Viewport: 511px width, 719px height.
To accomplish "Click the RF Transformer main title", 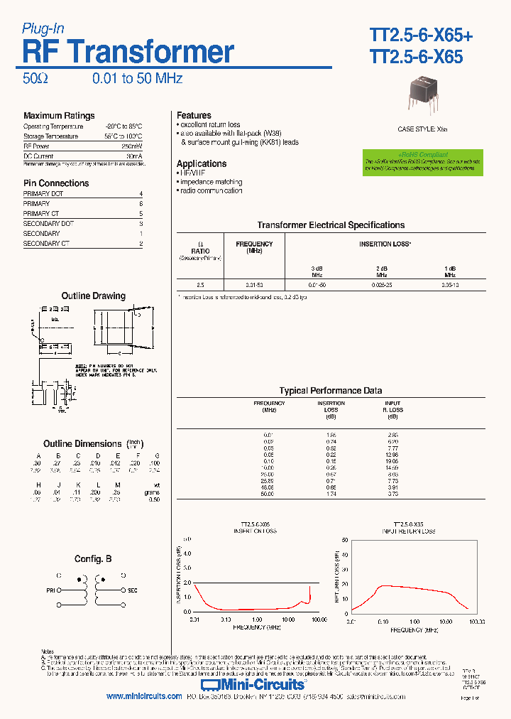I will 128,52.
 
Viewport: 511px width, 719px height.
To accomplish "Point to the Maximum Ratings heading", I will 59,116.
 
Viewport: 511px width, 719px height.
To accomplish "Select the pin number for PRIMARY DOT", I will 141,194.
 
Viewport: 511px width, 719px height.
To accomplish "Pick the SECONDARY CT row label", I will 46,244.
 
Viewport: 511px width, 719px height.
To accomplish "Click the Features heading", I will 194,115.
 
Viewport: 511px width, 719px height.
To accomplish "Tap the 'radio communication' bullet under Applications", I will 211,190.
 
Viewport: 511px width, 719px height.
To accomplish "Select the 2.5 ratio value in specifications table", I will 200,284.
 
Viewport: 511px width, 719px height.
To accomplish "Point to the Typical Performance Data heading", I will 331,391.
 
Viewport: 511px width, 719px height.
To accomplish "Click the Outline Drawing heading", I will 93,296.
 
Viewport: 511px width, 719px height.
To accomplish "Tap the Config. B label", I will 93,559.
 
